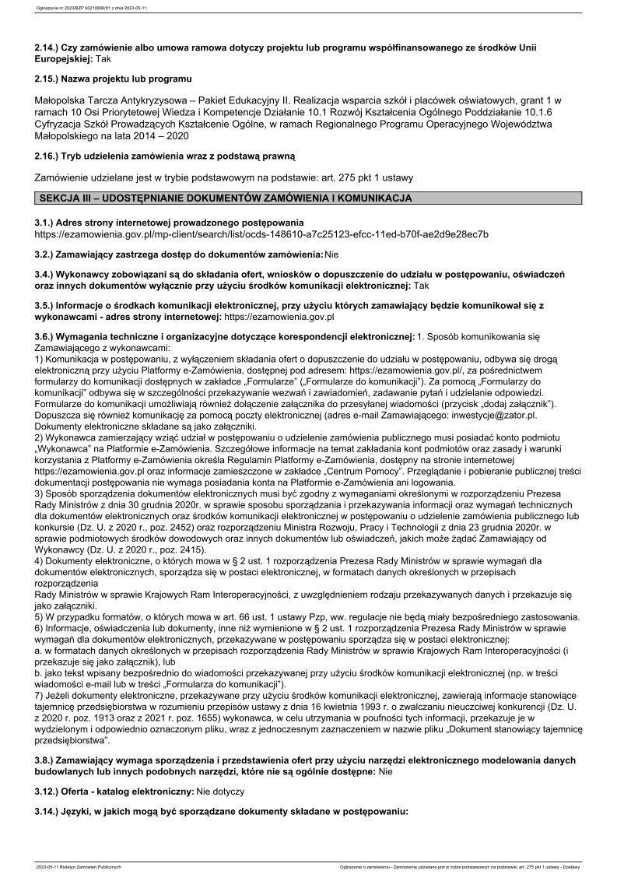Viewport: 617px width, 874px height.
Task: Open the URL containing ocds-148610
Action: pos(262,233)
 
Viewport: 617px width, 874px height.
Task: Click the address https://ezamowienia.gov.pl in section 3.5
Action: pos(279,318)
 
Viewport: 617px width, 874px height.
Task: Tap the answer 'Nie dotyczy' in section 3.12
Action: pos(220,792)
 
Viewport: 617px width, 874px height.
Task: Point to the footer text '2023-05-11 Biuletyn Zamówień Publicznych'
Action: pos(79,865)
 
